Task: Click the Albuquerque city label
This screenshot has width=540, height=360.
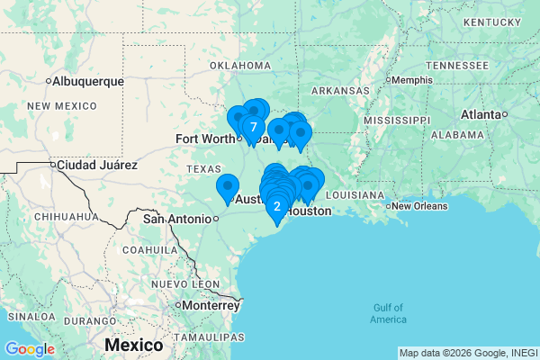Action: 88,81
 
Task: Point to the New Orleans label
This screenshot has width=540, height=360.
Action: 417,205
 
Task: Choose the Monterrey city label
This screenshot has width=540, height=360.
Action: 212,305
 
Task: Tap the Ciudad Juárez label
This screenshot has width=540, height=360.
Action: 96,165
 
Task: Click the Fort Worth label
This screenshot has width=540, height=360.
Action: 205,139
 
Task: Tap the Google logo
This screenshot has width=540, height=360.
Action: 29,349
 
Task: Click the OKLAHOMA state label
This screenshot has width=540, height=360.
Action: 240,66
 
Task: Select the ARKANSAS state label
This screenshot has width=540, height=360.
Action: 340,91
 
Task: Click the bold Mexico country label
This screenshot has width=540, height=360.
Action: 133,345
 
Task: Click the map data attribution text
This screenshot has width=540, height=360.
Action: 468,353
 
